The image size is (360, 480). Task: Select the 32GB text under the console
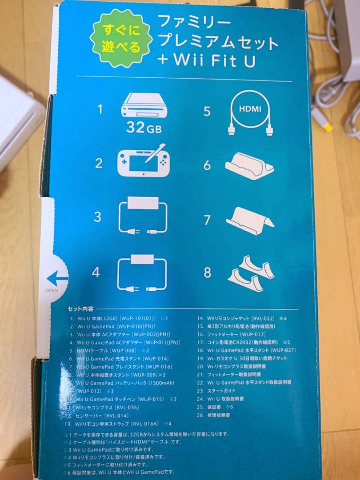[x=141, y=128]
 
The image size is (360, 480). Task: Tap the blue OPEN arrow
[x=57, y=279]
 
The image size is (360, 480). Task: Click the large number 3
[x=98, y=217]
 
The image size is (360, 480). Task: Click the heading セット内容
[x=80, y=308]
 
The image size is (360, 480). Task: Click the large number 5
[x=207, y=111]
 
